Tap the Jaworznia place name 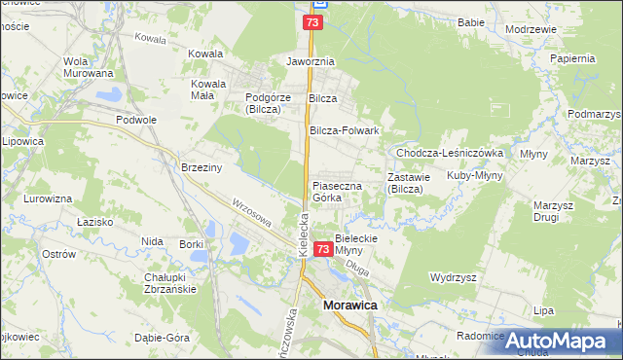[x=310, y=60]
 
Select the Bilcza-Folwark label [x=344, y=130]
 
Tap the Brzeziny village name [x=202, y=167]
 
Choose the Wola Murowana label [x=88, y=67]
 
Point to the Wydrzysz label [x=454, y=277]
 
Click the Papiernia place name [x=571, y=58]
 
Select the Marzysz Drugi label [x=552, y=211]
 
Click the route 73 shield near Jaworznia [x=311, y=21]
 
